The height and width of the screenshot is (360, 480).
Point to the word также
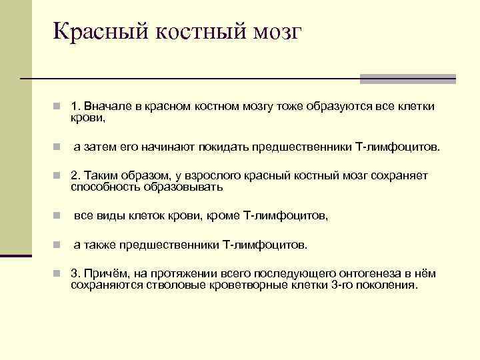coord(97,245)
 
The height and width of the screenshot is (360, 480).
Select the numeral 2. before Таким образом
coord(75,176)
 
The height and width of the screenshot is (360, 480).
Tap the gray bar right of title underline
coord(407,79)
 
